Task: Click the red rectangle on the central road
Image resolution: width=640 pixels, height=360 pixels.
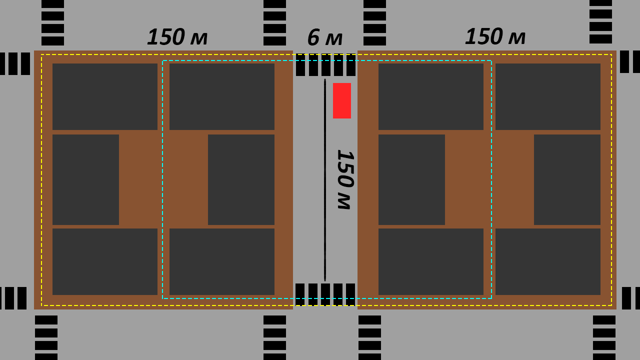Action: (x=341, y=100)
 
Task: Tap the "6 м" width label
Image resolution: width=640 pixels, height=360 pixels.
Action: (x=325, y=37)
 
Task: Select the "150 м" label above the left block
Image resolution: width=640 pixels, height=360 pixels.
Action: (x=177, y=37)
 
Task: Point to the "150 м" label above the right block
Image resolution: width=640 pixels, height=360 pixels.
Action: (x=495, y=36)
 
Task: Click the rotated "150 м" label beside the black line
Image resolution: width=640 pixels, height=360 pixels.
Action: (x=345, y=179)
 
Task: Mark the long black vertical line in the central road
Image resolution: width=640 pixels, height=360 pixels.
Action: (x=325, y=179)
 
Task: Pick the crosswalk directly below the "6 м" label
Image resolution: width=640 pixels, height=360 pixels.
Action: (x=325, y=65)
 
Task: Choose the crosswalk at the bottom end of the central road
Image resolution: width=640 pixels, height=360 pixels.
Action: (x=325, y=294)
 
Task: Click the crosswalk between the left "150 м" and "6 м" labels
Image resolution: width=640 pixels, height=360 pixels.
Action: (x=274, y=22)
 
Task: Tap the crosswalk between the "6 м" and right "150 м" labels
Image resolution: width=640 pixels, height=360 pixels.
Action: (x=374, y=22)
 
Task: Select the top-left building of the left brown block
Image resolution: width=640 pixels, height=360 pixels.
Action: (x=105, y=96)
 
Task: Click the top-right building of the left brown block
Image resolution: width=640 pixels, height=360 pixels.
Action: (x=222, y=96)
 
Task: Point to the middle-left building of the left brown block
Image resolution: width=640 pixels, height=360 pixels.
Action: (x=85, y=179)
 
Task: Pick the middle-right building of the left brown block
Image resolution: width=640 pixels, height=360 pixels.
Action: (x=241, y=179)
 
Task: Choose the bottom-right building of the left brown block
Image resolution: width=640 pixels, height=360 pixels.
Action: (x=222, y=261)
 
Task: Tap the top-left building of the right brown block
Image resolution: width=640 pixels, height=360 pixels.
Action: (x=431, y=96)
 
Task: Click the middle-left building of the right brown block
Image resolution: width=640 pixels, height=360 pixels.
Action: (x=411, y=179)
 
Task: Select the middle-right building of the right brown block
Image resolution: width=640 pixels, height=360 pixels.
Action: (x=567, y=179)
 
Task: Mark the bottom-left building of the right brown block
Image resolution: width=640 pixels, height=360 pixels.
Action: (x=431, y=261)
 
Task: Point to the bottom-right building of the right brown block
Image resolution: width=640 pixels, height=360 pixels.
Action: (x=548, y=261)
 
